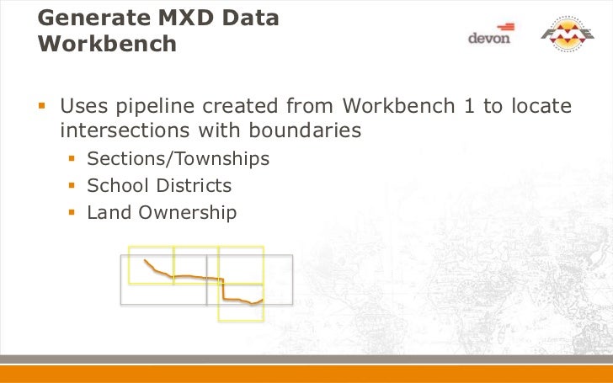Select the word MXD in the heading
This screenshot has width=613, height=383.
pos(175,17)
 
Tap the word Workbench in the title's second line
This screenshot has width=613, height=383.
pos(108,44)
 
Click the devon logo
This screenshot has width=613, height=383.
pos(488,37)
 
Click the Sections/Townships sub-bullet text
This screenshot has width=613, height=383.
pos(178,158)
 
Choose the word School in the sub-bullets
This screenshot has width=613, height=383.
pos(114,185)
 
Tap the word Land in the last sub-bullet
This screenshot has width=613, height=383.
pos(105,213)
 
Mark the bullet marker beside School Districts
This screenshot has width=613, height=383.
pos(72,185)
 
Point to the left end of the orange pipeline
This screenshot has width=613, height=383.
pos(145,260)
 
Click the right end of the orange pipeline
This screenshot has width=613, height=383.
pos(263,299)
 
